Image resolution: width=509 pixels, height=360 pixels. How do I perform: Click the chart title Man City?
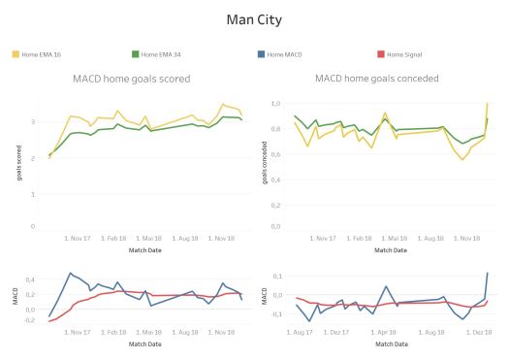coord(254,18)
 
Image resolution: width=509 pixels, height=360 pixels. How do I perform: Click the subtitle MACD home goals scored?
coord(132,79)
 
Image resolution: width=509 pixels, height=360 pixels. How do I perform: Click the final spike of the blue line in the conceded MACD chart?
coord(487,274)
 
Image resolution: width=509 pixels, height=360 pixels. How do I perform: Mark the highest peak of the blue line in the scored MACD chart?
coord(69,273)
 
